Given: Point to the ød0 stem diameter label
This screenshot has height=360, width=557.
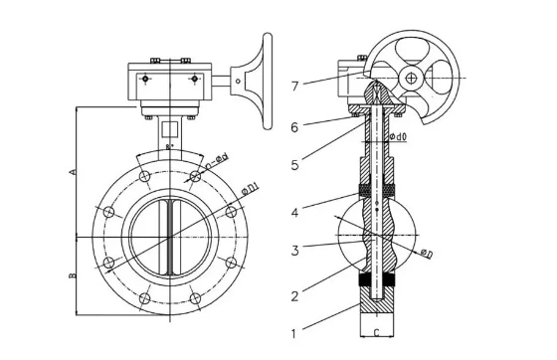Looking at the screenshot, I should point(396,136).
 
